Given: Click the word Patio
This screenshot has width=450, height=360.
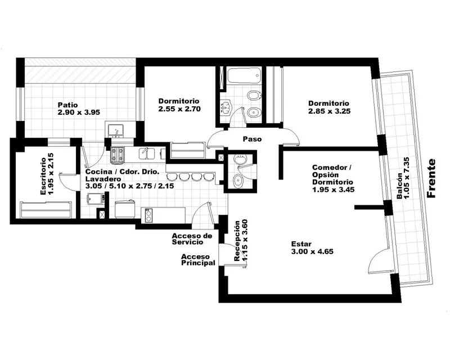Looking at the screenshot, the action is pos(67,105).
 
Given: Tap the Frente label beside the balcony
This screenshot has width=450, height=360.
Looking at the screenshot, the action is pos(431,178).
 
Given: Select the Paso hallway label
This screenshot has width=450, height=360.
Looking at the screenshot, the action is pos(252,139).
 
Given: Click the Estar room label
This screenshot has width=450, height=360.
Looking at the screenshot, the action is pos(301,244).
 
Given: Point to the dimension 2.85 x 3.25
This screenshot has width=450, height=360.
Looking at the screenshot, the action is pos(330,111).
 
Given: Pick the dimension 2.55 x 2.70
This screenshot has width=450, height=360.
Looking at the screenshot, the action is pos(179,109).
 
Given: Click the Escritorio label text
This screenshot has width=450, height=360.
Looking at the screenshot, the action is pos(43,176).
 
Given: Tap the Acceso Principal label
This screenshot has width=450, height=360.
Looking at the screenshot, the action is pos(198,259).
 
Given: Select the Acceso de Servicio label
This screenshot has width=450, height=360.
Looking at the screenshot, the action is pos(192,239).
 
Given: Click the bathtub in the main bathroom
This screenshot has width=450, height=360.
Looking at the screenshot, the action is pos(244,76).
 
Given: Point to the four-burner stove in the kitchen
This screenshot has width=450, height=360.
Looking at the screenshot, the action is pos(118,155).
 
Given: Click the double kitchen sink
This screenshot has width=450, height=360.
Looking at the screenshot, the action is pos(147,154).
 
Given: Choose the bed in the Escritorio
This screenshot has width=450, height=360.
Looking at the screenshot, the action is pos(46,210).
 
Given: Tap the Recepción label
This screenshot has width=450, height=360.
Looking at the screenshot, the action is pos(237,241).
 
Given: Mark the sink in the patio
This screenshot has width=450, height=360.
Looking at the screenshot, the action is pos(116,131).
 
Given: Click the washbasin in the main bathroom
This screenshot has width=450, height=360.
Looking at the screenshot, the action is pos(226,107).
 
